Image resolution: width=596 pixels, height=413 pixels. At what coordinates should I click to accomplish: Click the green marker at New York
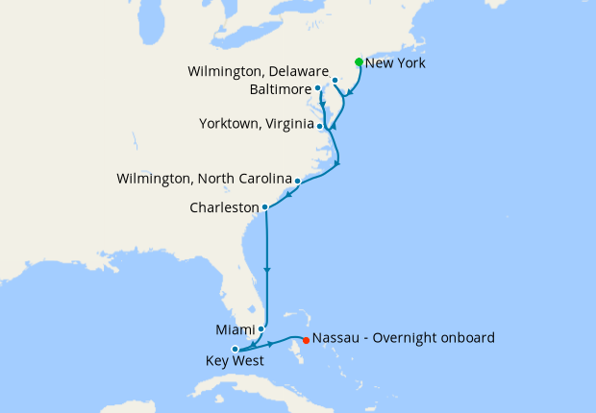click(359, 62)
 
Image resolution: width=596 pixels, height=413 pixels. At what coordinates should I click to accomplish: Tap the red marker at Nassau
click(306, 339)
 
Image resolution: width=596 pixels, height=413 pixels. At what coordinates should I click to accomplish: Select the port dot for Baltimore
click(318, 87)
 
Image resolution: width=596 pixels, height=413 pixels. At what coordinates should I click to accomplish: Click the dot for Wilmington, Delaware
click(335, 80)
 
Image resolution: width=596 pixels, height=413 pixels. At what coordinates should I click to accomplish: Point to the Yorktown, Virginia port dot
click(319, 125)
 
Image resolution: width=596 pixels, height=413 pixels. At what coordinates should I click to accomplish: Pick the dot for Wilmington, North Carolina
click(297, 181)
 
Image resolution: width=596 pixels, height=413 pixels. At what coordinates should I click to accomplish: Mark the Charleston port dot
click(264, 206)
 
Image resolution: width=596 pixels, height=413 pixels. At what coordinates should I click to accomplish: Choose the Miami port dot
click(261, 329)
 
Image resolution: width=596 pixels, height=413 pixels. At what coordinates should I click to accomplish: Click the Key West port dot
click(235, 350)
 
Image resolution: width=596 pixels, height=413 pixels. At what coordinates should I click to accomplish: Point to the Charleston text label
click(225, 207)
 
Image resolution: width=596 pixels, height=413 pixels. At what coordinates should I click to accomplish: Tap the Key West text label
click(231, 363)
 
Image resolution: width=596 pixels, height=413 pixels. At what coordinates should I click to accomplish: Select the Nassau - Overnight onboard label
click(404, 338)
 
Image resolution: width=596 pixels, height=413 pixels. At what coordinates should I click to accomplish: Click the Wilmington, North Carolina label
click(203, 180)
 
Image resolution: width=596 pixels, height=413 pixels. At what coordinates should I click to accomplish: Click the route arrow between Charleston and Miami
click(265, 270)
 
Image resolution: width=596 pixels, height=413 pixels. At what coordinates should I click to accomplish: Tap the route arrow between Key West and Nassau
click(272, 343)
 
